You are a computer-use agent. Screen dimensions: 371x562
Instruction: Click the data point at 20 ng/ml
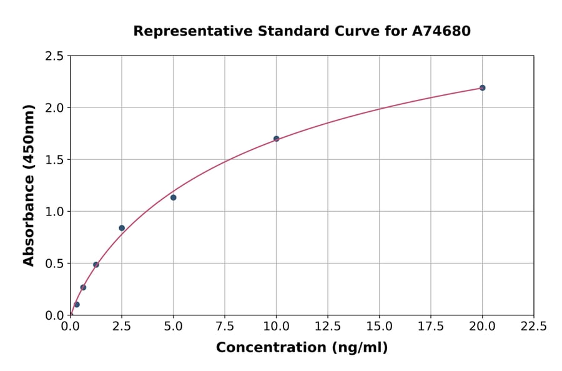pyautogui.click(x=483, y=87)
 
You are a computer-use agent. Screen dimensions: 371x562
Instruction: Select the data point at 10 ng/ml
pyautogui.click(x=276, y=139)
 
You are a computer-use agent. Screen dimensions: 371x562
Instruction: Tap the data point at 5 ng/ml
pyautogui.click(x=173, y=197)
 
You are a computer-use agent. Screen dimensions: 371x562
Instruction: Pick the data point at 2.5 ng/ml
pyautogui.click(x=122, y=228)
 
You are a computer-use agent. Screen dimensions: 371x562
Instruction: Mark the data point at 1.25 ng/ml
pyautogui.click(x=96, y=265)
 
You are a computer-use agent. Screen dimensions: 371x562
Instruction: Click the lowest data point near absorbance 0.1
pyautogui.click(x=77, y=305)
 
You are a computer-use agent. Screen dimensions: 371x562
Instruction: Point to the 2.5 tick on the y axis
pyautogui.click(x=54, y=56)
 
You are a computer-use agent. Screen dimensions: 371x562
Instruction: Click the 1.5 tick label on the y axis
pyautogui.click(x=54, y=160)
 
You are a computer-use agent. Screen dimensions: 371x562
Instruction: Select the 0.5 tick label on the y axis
pyautogui.click(x=54, y=264)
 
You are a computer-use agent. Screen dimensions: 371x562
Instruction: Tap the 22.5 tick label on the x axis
pyautogui.click(x=534, y=327)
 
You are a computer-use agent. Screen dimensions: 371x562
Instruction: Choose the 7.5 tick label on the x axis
pyautogui.click(x=225, y=327)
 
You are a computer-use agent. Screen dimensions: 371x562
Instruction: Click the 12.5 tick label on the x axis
pyautogui.click(x=328, y=327)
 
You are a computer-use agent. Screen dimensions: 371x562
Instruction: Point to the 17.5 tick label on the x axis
pyautogui.click(x=431, y=327)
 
